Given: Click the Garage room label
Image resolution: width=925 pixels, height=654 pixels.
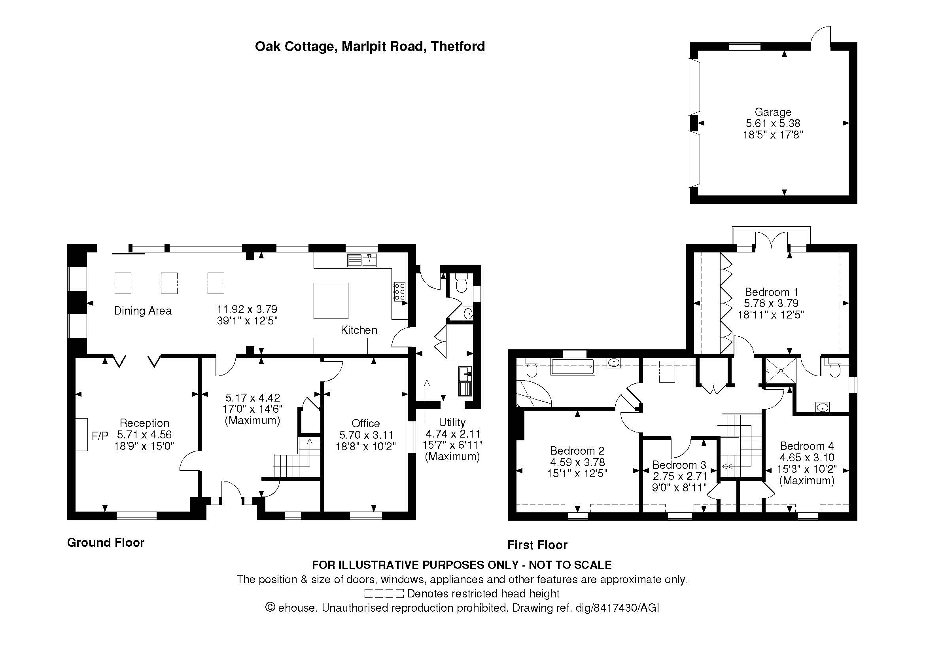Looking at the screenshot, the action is (773, 112).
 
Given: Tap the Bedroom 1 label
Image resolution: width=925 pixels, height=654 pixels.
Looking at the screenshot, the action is (771, 292).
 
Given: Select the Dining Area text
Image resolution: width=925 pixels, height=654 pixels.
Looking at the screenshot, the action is (143, 311).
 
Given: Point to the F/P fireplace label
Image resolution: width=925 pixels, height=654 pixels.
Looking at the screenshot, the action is (100, 436).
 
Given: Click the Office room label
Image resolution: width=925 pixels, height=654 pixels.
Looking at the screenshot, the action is (365, 423).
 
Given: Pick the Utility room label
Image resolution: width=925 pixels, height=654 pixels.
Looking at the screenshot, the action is (452, 422).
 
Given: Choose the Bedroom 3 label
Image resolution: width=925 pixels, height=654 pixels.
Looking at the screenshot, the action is (679, 464).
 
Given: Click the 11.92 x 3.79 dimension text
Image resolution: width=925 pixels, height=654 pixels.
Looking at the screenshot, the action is (247, 309).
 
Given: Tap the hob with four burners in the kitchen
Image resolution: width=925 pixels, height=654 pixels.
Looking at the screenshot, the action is (399, 290).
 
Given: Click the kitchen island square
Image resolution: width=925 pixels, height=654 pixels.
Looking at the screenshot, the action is (331, 301).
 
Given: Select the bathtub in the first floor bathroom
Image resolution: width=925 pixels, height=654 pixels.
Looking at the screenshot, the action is (572, 367).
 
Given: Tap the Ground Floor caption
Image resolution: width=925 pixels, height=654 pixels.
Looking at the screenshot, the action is (106, 542).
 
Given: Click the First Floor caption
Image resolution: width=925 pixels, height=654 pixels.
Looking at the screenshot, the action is (537, 545).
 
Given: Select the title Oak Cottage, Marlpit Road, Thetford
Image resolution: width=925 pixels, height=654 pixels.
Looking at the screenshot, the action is (370, 47).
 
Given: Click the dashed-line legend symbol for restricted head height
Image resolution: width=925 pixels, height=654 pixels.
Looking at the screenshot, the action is (384, 593).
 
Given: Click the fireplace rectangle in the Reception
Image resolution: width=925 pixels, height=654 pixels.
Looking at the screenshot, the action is (81, 434).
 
